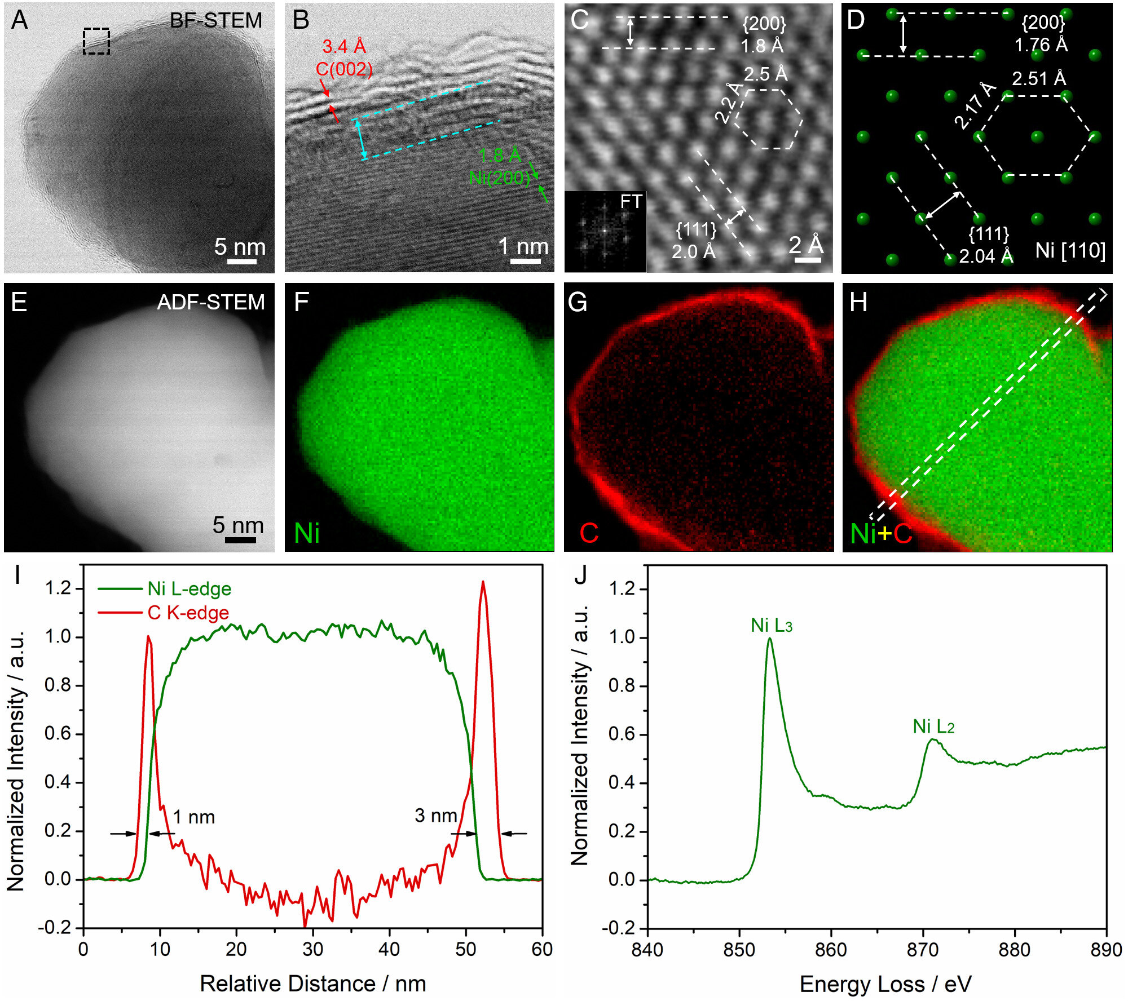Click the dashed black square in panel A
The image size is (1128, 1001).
96,41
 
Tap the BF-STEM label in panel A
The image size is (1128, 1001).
216,21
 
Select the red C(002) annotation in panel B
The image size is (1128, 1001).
344,69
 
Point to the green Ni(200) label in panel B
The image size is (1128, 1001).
500,178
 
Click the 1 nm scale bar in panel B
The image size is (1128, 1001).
525,261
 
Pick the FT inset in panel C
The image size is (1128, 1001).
605,231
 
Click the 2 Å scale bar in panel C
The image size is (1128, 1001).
808,260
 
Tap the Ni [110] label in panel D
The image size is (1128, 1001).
1070,250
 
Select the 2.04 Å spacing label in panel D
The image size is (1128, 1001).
986,256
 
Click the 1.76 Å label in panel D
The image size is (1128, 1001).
1041,45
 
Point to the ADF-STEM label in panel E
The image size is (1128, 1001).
211,303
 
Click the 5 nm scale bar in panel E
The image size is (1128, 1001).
240,540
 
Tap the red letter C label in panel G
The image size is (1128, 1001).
589,533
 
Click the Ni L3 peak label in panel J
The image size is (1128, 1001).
772,626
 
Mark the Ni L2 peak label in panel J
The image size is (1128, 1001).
933,727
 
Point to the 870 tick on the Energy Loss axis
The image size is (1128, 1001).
923,950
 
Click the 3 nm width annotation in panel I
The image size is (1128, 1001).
436,816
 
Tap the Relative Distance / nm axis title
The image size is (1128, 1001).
313,984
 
